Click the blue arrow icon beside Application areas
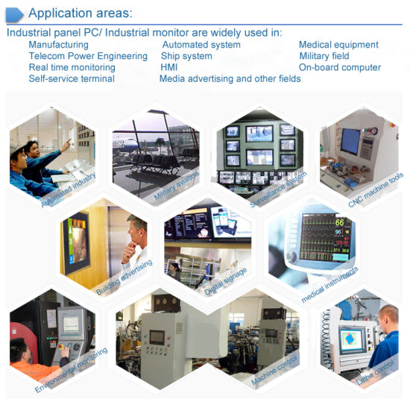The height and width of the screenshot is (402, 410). pos(14,15)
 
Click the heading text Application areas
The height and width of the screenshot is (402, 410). pos(81,13)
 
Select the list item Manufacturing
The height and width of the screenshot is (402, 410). pos(59,45)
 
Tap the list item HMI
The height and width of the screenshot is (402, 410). pos(169,67)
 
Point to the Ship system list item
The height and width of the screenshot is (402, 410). pos(186,56)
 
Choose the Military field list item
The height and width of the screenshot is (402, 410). pos(324,56)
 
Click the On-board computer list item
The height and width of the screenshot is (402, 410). pos(340,67)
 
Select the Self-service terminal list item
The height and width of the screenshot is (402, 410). pos(72,78)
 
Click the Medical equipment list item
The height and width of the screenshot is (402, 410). pos(338,45)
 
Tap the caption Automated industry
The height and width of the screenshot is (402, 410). pos(69,190)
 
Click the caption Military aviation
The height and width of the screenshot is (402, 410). pos(177,186)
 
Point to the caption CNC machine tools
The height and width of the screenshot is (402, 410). pos(376,189)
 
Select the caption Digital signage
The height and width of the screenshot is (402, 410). pos(225,281)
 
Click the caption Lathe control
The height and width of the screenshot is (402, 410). pos(375,372)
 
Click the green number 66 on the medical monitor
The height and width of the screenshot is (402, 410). pos(339,222)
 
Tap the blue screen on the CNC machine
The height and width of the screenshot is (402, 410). pos(350,141)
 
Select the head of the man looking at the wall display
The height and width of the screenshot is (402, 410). pos(136,229)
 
